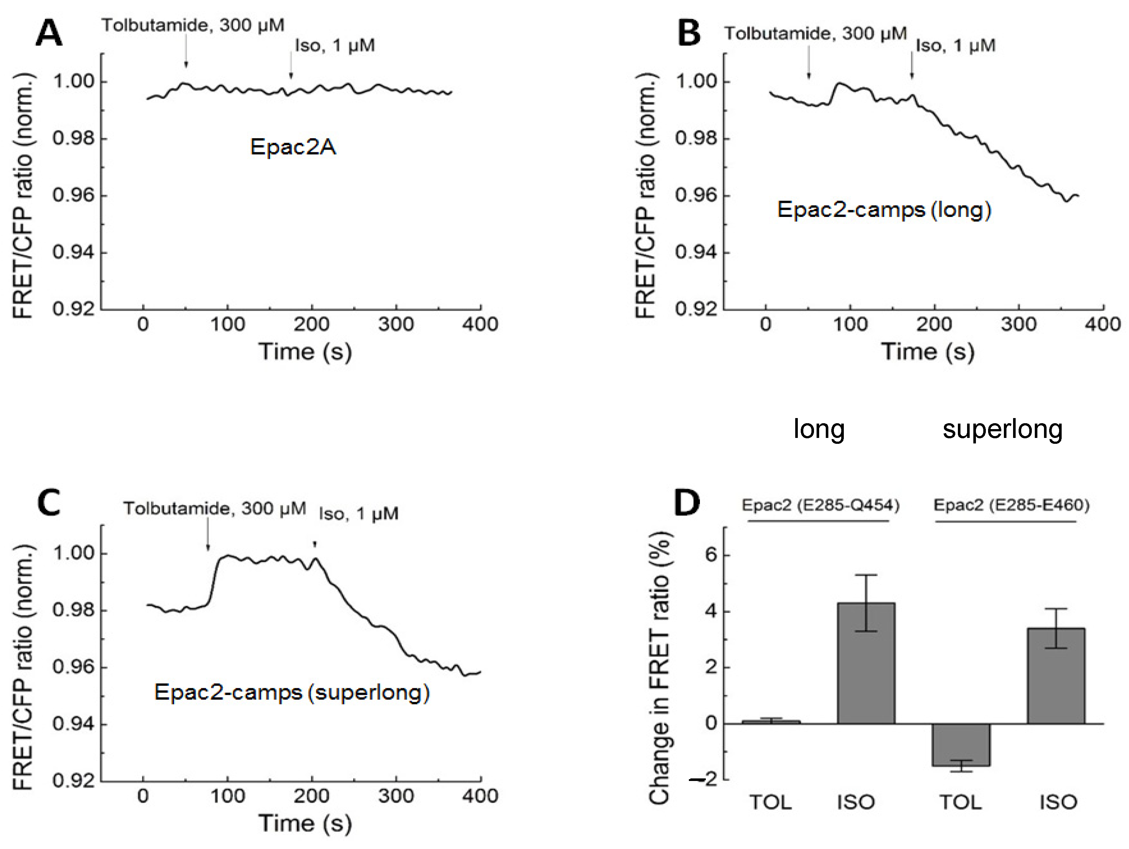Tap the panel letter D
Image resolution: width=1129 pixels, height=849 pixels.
coord(687,502)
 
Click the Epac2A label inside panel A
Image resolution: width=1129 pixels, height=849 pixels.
coord(293,147)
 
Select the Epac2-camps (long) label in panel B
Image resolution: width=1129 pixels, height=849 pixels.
coord(884,210)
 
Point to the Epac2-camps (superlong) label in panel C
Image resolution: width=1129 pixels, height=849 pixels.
coord(292,692)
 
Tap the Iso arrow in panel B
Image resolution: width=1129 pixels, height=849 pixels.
coord(912,66)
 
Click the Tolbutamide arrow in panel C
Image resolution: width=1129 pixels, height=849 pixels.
coord(208,535)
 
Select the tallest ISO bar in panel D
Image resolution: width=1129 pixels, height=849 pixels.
coord(866,663)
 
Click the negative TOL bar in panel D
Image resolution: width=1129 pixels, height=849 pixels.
coord(961,745)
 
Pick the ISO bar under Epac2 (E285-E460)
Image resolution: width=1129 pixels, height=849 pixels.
coord(1056,675)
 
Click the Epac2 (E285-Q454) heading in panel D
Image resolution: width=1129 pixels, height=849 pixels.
coord(820,505)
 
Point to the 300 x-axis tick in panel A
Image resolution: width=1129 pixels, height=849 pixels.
coord(396,324)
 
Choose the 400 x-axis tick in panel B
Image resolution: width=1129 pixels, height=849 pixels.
coord(1103,324)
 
